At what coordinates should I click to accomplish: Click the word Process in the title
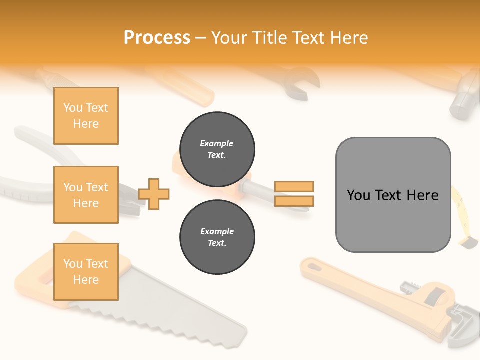pos(157,37)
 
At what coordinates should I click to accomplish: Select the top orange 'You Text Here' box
pos(86,116)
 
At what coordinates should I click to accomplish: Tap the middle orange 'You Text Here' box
pos(86,195)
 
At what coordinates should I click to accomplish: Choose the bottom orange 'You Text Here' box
pos(86,272)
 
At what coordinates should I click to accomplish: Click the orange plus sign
pos(154,193)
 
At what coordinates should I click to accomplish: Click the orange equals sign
pos(294,194)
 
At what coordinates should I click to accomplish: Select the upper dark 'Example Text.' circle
pos(217,149)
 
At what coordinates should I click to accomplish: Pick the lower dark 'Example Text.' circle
pos(217,237)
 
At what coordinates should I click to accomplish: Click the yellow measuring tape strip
pos(463,215)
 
